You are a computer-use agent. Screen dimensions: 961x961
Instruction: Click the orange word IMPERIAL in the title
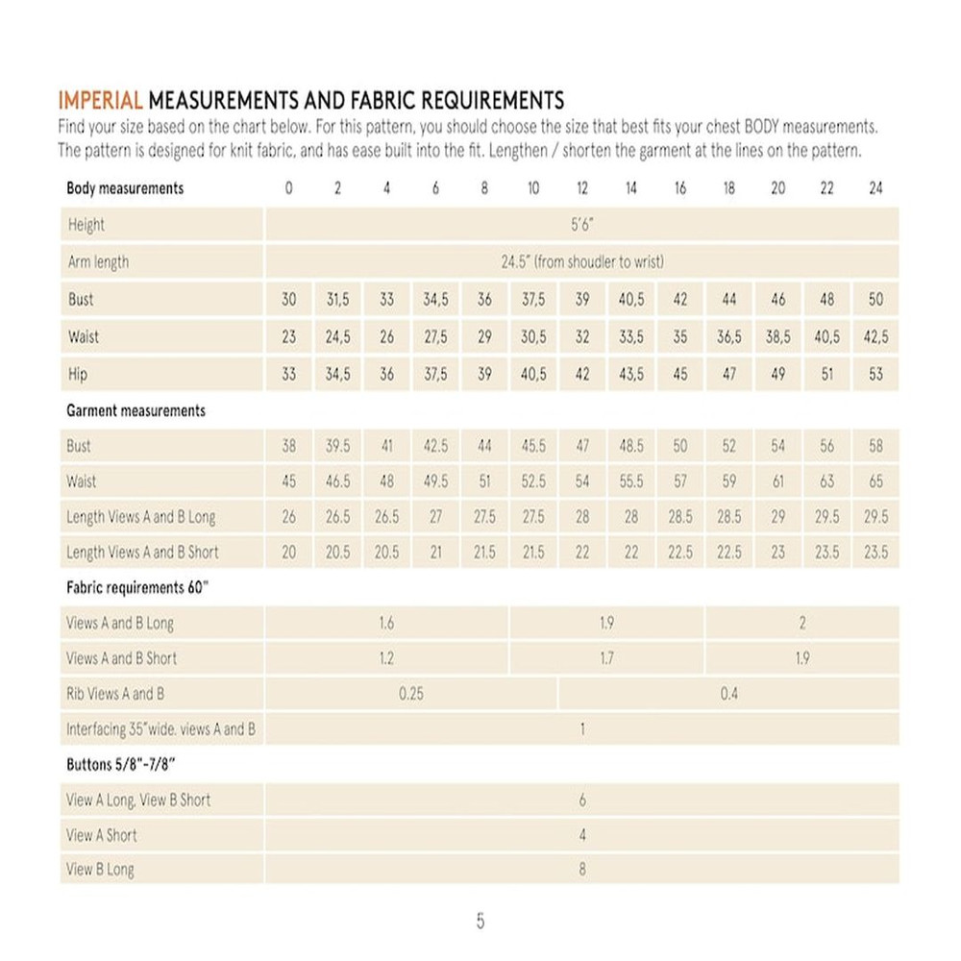click(x=101, y=100)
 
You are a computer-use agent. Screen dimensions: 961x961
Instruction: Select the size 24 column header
click(x=875, y=188)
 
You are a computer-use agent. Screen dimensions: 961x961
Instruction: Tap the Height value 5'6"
click(x=581, y=225)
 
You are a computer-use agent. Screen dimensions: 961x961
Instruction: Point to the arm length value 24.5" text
click(x=581, y=261)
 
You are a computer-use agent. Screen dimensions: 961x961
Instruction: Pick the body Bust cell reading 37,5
click(x=533, y=299)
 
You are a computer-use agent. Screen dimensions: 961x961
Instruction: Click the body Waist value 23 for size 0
click(x=289, y=337)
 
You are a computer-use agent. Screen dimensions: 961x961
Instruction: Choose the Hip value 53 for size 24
click(x=875, y=374)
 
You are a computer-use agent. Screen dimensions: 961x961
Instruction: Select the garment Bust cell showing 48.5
click(x=631, y=446)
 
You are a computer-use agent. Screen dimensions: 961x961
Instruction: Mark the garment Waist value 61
click(x=777, y=481)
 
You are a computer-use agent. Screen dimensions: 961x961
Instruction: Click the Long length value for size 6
click(x=435, y=517)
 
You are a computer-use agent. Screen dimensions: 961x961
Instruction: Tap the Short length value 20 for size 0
click(x=289, y=553)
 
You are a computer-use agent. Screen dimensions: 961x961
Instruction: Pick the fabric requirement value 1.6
click(x=386, y=623)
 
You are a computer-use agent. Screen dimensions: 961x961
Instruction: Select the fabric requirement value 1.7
click(x=607, y=658)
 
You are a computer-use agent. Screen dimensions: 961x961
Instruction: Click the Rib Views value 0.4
click(x=728, y=694)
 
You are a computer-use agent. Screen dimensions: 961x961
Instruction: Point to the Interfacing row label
click(x=160, y=729)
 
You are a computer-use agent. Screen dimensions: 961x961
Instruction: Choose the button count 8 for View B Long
click(x=582, y=870)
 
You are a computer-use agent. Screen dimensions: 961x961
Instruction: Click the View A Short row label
click(x=102, y=835)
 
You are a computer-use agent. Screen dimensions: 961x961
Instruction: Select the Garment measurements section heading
click(x=136, y=410)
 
